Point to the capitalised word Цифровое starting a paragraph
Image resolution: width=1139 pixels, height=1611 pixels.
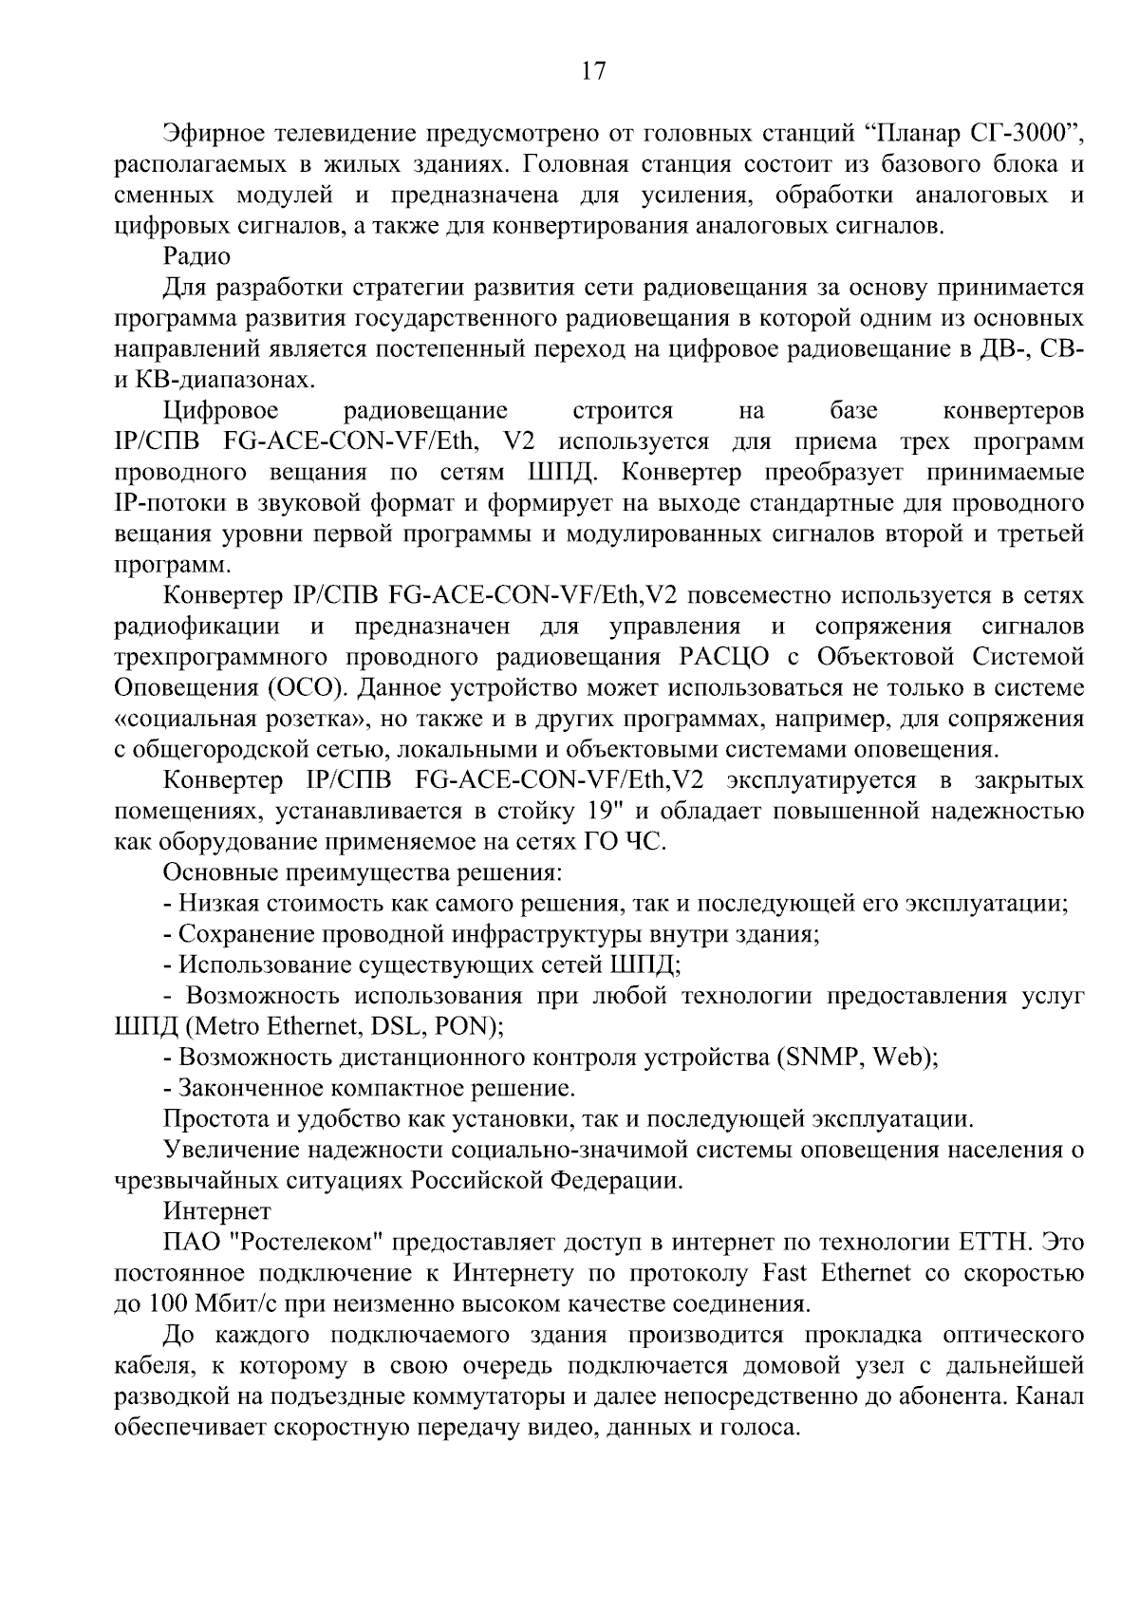221,411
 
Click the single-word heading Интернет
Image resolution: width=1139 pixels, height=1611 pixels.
217,1211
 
